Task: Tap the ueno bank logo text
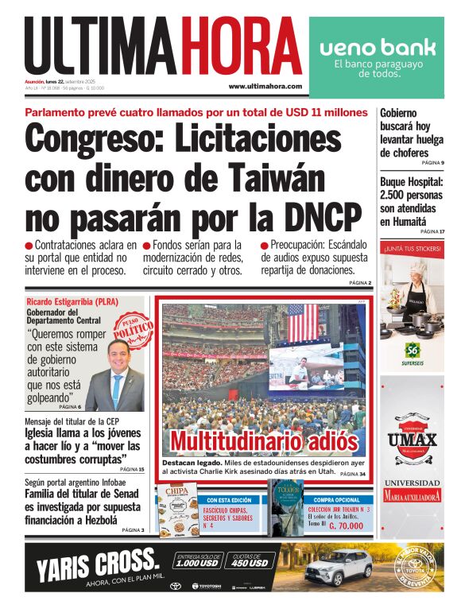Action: pos(377,48)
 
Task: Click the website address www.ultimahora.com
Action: pos(265,86)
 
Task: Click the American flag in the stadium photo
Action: pos(302,322)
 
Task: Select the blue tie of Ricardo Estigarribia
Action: pos(117,387)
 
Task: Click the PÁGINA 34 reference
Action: pos(352,474)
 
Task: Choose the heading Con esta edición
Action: pos(229,500)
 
